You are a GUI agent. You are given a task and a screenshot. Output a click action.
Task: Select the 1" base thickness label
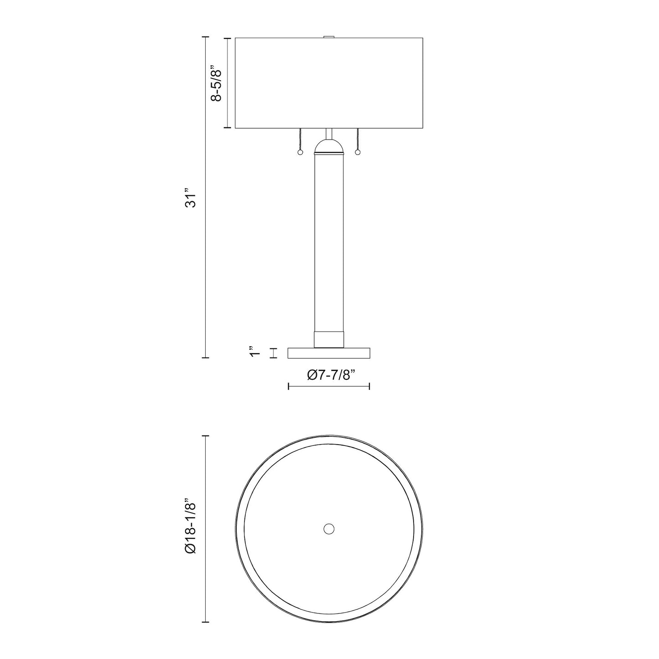coord(254,353)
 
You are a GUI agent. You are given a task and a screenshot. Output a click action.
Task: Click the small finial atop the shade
coord(329,37)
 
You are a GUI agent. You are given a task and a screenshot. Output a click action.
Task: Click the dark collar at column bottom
coord(329,339)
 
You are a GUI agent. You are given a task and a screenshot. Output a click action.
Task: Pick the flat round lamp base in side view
coord(329,353)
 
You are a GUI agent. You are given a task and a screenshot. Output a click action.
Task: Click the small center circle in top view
coord(329,529)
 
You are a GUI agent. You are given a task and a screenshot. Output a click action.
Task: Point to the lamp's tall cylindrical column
coord(329,242)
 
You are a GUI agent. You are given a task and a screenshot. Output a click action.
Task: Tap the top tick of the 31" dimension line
coord(205,37)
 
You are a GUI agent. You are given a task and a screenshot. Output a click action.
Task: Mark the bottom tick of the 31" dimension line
coord(205,358)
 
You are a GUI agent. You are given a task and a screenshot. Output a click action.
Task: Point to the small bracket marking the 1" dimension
coord(274,353)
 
